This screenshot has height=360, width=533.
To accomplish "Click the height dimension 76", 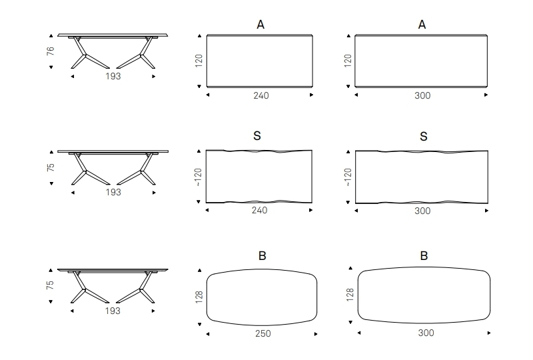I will [x=51, y=51].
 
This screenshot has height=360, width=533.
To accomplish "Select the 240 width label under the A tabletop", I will [x=261, y=95].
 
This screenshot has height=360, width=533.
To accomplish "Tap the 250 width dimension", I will [x=263, y=333].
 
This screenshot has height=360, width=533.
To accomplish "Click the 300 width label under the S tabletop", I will [x=422, y=211].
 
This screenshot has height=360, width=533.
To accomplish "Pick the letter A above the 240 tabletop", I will [x=261, y=25].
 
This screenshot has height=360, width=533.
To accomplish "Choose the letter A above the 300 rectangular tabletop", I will [x=422, y=25].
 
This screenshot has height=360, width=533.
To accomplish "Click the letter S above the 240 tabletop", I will [x=257, y=137].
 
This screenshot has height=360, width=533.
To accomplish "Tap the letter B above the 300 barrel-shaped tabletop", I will [x=424, y=256].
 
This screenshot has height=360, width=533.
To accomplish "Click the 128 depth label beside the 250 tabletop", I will [x=199, y=297].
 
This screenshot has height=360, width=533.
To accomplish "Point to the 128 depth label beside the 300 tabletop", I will [x=349, y=295].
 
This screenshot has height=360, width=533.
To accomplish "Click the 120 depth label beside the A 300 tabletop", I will [x=347, y=61].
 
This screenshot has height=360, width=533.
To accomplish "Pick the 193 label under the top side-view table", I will [x=113, y=77].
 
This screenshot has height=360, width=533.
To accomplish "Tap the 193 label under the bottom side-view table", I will [x=113, y=311].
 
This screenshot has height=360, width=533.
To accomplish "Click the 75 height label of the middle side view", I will [x=51, y=167].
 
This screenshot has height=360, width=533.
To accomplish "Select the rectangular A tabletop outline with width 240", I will [x=259, y=61].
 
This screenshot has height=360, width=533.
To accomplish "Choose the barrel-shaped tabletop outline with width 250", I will [x=262, y=297].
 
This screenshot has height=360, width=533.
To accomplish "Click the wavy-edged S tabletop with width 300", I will [x=422, y=176].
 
